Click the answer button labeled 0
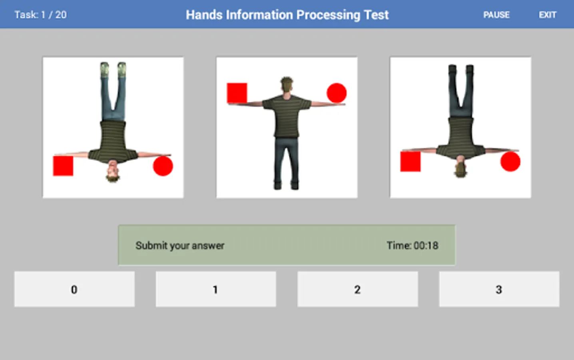click(74, 289)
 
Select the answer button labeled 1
click(216, 289)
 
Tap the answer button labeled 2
click(357, 289)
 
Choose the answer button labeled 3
click(499, 289)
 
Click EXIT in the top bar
click(547, 15)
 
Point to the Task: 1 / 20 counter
click(40, 15)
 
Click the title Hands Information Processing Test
click(287, 15)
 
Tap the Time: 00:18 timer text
click(413, 245)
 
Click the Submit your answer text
click(180, 246)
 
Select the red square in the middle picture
click(237, 93)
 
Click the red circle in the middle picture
click(337, 93)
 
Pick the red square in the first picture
click(63, 166)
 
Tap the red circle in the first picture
click(163, 166)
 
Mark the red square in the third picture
click(411, 162)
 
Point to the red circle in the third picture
click(510, 162)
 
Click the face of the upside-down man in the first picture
click(113, 169)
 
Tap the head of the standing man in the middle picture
click(287, 85)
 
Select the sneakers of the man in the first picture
click(113, 69)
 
